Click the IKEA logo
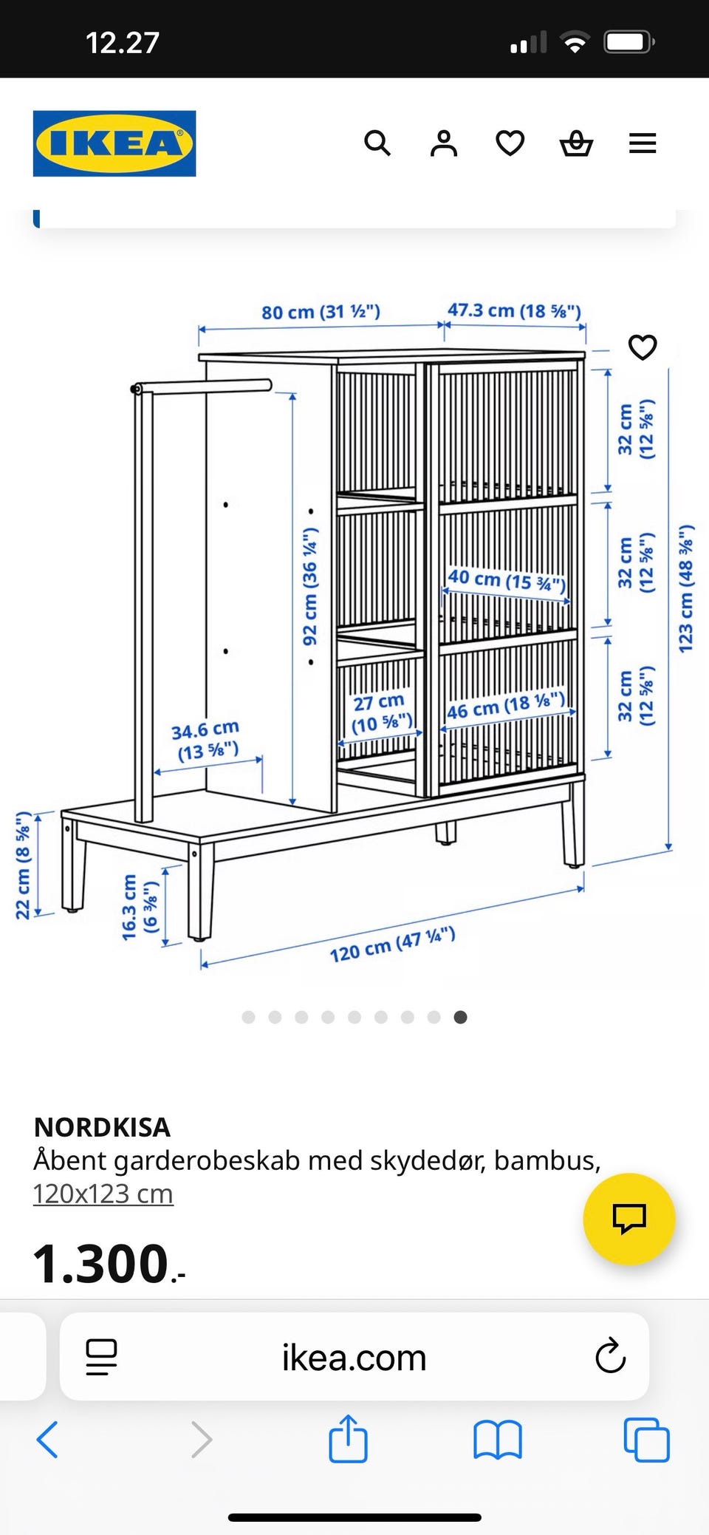[114, 143]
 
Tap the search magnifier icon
[377, 143]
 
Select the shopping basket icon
[576, 143]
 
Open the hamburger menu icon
[643, 143]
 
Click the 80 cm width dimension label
[321, 312]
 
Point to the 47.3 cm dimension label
[514, 310]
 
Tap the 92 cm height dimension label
[310, 586]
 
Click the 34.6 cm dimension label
[206, 741]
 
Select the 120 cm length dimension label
[392, 945]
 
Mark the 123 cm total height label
[686, 588]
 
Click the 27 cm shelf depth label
[380, 712]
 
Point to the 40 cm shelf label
[507, 580]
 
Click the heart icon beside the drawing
[642, 347]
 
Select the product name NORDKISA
[102, 1127]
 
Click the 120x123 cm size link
[103, 1194]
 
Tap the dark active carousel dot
[460, 1017]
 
